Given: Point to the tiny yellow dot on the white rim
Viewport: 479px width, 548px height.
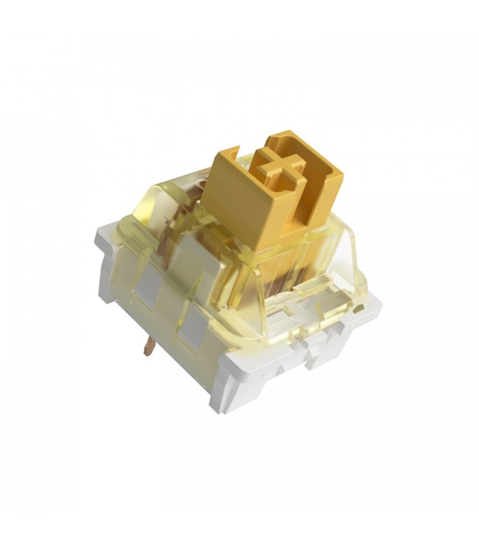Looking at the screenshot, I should click(362, 311).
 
